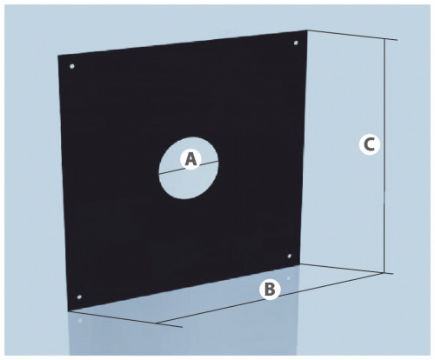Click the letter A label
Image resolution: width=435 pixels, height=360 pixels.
tap(191, 159)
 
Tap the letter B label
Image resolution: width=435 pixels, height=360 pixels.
tap(270, 289)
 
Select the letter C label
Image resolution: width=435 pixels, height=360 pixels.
tap(370, 144)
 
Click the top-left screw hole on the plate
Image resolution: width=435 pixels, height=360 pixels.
tap(72, 66)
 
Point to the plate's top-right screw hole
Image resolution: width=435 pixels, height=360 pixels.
tap(296, 43)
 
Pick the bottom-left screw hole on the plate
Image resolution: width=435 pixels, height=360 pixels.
tap(79, 297)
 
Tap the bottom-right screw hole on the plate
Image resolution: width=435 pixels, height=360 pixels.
tap(290, 256)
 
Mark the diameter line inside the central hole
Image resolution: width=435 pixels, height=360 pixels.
tap(189, 168)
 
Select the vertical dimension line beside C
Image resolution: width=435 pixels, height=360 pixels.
tap(385, 156)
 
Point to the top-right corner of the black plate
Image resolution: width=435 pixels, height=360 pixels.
tap(307, 30)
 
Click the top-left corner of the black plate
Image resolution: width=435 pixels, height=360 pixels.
tap(57, 55)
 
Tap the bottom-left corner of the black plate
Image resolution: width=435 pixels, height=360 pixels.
tap(68, 311)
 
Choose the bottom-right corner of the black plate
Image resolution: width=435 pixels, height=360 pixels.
tap(302, 264)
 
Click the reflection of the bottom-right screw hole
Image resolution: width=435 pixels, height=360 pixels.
tap(289, 278)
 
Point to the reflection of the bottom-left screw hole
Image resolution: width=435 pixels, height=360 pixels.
tap(80, 321)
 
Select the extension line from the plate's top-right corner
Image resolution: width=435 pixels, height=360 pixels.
tap(352, 35)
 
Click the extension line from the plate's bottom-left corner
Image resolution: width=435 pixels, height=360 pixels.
tap(125, 319)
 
